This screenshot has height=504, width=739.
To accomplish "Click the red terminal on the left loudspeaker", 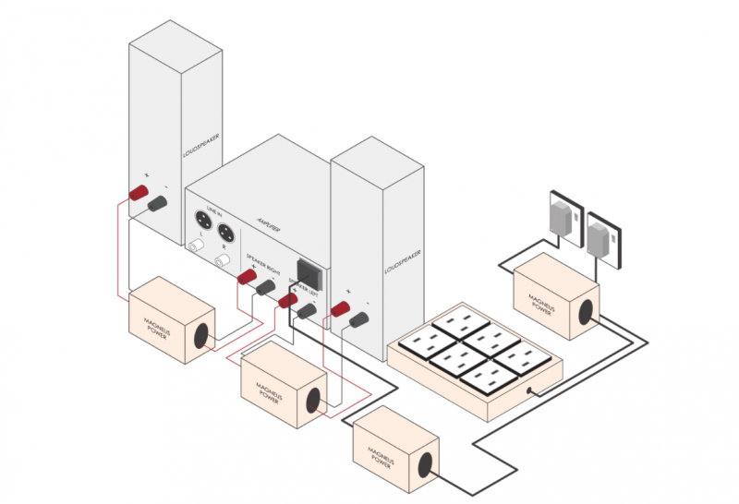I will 139,192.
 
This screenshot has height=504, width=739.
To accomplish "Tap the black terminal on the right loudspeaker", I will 358,319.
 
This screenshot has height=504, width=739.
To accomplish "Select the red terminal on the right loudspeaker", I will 338,308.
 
